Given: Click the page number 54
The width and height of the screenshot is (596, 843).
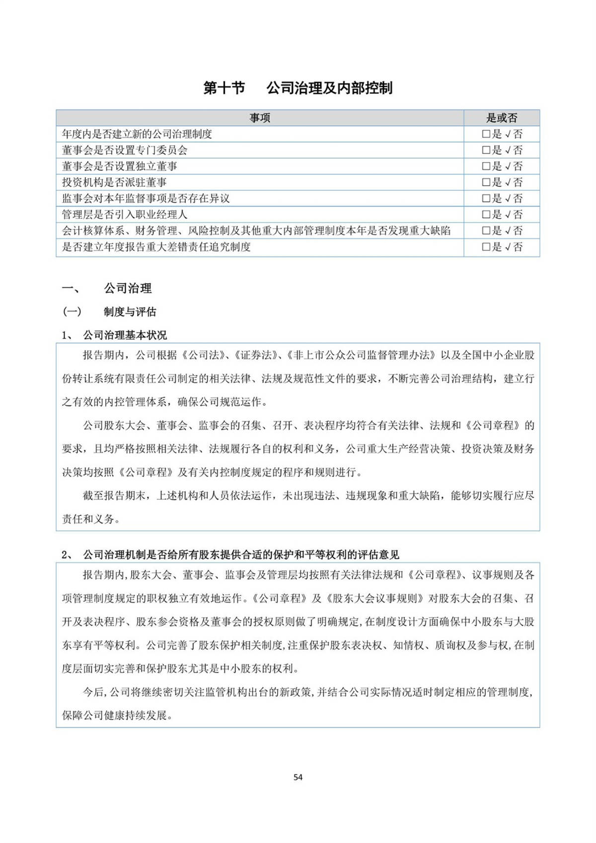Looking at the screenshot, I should coord(298,777).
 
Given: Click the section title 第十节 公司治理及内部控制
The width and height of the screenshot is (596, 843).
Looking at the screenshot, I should coord(298,88).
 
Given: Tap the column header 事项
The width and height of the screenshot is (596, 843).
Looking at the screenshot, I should coord(260,118).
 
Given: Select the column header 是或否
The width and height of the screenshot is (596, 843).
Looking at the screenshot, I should coord(502,118).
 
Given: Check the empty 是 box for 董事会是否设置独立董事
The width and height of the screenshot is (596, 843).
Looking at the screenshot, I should coord(486,166).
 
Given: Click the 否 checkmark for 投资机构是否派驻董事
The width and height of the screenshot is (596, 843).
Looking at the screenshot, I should coord(508,182).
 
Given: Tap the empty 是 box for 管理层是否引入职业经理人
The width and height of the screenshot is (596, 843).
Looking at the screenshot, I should coord(486,215).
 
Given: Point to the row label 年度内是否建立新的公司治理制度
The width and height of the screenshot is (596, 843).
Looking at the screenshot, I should coord(137,134).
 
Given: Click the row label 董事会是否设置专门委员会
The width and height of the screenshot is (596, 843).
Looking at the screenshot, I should coord(125,150).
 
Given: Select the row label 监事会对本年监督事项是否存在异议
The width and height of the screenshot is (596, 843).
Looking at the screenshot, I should coord(146,198).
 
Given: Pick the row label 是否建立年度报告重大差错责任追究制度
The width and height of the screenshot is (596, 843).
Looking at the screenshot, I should coord(156,247).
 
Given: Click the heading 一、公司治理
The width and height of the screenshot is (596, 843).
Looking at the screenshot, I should coord(107,288).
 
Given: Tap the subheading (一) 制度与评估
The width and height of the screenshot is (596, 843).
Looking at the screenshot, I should coord(109,311).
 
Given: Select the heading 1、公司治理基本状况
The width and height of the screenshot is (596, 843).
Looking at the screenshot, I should coord(114,335).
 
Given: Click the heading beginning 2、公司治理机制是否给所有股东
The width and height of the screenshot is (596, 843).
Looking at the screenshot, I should coord(230,554).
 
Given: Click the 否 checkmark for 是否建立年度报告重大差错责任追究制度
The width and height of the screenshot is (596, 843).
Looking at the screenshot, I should coord(508,247).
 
